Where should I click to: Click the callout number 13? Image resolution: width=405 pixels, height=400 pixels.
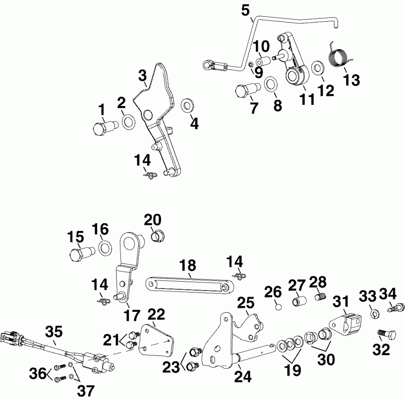point(351,80)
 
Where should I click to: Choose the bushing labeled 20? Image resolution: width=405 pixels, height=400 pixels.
point(158,235)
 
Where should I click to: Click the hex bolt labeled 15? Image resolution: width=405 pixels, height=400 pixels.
point(81,254)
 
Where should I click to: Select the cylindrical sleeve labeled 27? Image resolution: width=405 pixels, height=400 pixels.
point(299,300)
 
